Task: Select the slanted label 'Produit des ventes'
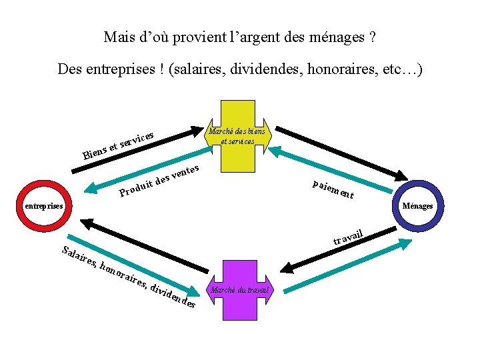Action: pos(160,181)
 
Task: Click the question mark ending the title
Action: pos(371,37)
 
